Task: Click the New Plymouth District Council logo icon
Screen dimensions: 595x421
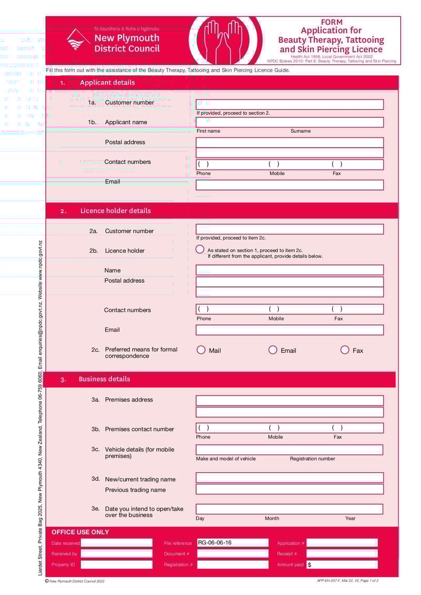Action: tap(77, 40)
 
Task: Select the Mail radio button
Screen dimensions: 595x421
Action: tap(201, 350)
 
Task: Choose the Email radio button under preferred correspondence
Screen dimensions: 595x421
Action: tap(273, 350)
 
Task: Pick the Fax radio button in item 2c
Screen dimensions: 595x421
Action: tap(345, 350)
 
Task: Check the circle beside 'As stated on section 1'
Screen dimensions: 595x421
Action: tap(200, 250)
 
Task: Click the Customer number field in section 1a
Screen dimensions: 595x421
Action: tap(289, 104)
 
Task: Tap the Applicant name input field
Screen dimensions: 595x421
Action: tap(289, 122)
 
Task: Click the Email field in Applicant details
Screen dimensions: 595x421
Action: tap(289, 185)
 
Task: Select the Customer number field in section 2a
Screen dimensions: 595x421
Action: tap(289, 229)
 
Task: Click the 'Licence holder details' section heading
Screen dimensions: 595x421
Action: tap(115, 211)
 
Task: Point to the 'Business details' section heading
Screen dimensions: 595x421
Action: tap(104, 379)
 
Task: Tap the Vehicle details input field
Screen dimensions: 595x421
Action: tap(289, 450)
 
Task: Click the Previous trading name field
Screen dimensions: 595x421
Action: tap(289, 489)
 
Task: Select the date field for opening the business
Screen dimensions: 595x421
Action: tap(289, 509)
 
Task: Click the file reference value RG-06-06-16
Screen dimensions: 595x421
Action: tap(215, 543)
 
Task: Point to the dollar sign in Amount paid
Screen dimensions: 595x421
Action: tap(309, 564)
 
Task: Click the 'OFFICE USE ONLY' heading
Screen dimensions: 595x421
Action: tap(80, 532)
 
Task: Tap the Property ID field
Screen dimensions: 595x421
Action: tap(116, 564)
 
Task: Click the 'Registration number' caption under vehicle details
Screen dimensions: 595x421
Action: tap(312, 459)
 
